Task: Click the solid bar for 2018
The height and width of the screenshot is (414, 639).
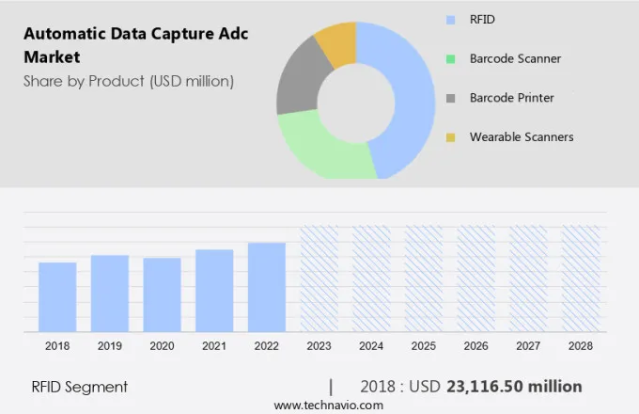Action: tap(57, 296)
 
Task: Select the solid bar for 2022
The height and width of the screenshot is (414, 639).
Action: tap(267, 287)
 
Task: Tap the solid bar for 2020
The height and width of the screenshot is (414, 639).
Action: tap(162, 295)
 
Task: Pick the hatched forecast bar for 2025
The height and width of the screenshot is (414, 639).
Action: tap(424, 279)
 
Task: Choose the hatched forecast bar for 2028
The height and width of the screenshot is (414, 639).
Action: tap(581, 279)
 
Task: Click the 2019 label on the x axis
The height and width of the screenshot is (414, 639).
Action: tap(110, 346)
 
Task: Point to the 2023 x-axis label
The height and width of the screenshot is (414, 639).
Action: tap(319, 346)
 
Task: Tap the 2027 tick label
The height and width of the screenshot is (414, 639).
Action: tap(528, 346)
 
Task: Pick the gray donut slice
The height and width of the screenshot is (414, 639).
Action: tap(296, 81)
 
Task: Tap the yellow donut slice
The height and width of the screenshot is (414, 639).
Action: tap(337, 42)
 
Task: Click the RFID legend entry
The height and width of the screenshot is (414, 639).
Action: tap(482, 18)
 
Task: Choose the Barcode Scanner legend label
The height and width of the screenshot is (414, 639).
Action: tap(515, 58)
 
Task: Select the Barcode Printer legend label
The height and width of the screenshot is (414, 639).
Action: tap(511, 98)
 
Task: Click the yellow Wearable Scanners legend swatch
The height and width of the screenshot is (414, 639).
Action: tap(451, 137)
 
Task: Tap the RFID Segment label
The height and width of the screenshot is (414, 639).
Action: tap(80, 387)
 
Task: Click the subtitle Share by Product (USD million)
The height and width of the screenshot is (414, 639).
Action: tap(129, 81)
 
